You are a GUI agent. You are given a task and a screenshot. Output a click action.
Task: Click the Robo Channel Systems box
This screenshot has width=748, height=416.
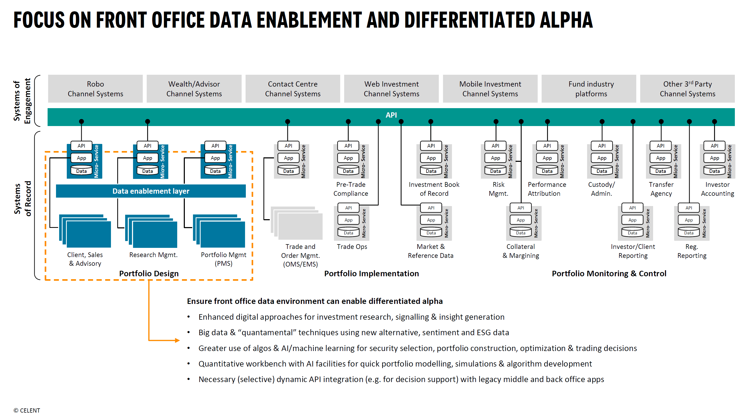[x=95, y=89]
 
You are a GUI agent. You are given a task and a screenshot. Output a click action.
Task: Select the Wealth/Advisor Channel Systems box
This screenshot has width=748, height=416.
[x=194, y=89]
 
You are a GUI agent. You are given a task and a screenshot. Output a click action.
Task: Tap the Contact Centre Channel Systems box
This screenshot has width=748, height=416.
[x=293, y=89]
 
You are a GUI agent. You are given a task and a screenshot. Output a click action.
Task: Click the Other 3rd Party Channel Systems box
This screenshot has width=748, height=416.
[x=688, y=89]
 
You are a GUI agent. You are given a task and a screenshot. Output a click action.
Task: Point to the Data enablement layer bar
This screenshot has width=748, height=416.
[x=151, y=191]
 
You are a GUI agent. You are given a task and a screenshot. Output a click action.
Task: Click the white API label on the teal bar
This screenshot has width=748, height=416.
[x=391, y=115]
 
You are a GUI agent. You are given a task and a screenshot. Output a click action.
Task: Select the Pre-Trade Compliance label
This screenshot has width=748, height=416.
[x=351, y=189]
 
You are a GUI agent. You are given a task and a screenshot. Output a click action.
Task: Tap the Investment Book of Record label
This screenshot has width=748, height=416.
[x=434, y=189]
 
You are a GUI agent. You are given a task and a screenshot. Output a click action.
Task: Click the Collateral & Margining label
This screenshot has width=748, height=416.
[x=521, y=251]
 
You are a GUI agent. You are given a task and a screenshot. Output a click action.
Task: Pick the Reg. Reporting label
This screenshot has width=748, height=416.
[x=692, y=251]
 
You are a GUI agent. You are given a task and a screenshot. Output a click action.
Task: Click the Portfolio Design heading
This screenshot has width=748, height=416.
[x=149, y=273]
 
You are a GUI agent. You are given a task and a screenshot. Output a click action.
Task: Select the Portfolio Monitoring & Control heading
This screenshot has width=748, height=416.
[x=609, y=273]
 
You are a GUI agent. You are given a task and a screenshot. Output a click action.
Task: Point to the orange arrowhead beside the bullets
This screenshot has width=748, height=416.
[x=177, y=340]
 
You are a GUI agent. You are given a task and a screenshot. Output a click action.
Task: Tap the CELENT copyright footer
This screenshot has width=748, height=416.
[x=27, y=410]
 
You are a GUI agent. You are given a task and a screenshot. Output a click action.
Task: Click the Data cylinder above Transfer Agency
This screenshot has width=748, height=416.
[x=661, y=170]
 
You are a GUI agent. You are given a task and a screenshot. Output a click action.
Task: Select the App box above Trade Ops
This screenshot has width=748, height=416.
[x=348, y=220]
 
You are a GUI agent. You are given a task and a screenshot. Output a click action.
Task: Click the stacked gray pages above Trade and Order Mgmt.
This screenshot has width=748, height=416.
[x=297, y=223]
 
